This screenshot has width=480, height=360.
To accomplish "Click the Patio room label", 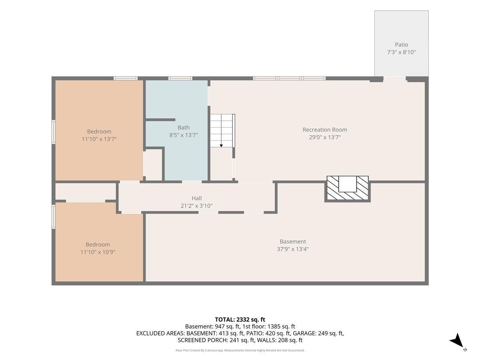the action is pos(401,44).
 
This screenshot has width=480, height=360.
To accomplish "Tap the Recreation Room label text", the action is pos(325,130).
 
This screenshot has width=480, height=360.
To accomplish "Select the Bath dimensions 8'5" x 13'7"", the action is pos(184,135).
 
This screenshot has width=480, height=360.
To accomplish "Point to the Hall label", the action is pos(196,198).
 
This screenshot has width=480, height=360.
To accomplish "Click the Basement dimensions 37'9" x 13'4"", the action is pos(292,249).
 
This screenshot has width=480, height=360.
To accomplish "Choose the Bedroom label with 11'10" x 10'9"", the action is pos(98,244).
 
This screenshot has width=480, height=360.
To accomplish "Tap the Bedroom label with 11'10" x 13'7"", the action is pos(99,131).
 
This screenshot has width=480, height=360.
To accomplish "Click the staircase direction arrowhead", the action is pos(221,146).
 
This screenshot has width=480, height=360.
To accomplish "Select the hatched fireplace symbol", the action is pos(348,188).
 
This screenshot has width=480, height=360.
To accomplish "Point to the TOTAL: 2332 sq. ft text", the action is pos(240,320).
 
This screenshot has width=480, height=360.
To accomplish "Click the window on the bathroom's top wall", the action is pos(180,78).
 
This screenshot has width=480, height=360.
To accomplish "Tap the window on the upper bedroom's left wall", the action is pos(54,132).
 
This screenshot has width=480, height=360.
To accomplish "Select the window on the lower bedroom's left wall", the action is pos(54,217).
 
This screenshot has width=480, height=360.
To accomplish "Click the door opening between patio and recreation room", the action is pos(394,79).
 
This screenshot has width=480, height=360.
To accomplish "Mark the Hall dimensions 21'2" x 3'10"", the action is pos(196,206).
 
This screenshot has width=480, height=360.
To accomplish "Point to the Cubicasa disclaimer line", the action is pos(240,350).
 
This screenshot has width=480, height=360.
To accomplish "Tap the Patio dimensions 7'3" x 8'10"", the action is pos(401,52).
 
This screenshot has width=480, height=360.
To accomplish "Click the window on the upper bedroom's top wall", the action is pos(126,78).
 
